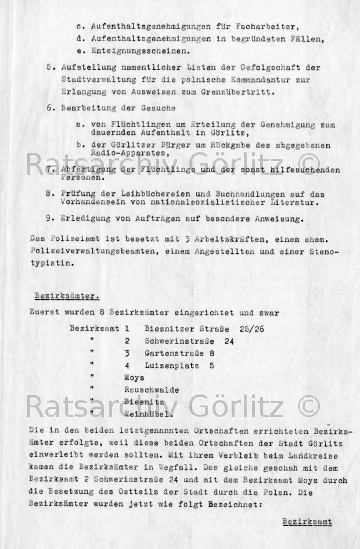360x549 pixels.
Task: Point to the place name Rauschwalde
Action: [x=152, y=390]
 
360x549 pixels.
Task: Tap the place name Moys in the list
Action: [x=134, y=378]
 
